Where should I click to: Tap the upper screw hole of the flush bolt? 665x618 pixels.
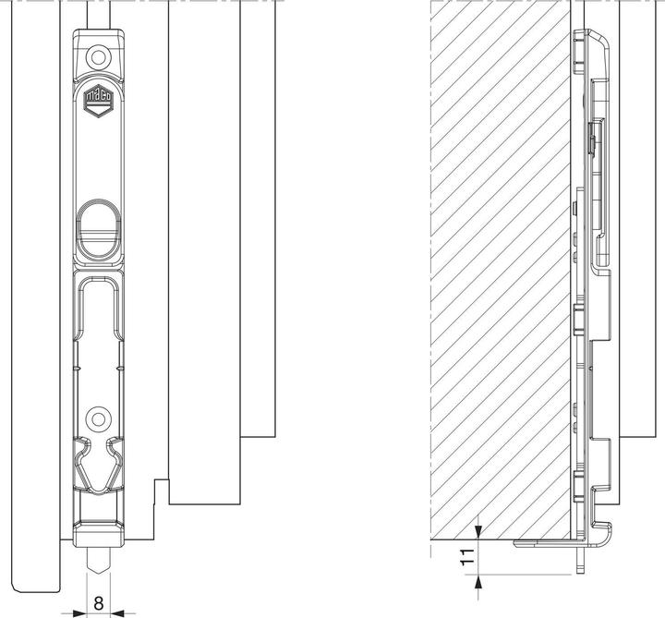97,57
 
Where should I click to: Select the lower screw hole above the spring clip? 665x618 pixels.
97,418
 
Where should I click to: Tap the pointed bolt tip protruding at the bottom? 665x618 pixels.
97,561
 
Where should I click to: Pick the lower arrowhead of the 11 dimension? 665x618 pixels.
478,578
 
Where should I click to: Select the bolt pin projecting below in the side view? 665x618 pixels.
581,559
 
